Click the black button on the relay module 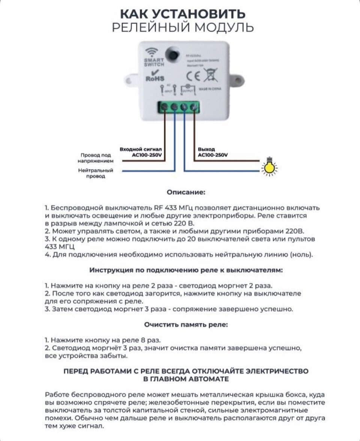coord(172,54)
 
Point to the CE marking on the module coord(193,76)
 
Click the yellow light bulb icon coord(269,167)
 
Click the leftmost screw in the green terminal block coord(164,108)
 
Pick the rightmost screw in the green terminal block coord(193,108)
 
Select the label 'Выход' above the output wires coord(206,149)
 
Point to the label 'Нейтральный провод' coord(96,173)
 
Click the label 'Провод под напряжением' coord(95,158)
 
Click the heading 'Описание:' coord(186,192)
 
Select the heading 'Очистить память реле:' coord(186,324)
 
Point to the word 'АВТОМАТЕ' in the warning coord(207,379)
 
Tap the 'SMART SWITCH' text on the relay coord(154,63)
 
